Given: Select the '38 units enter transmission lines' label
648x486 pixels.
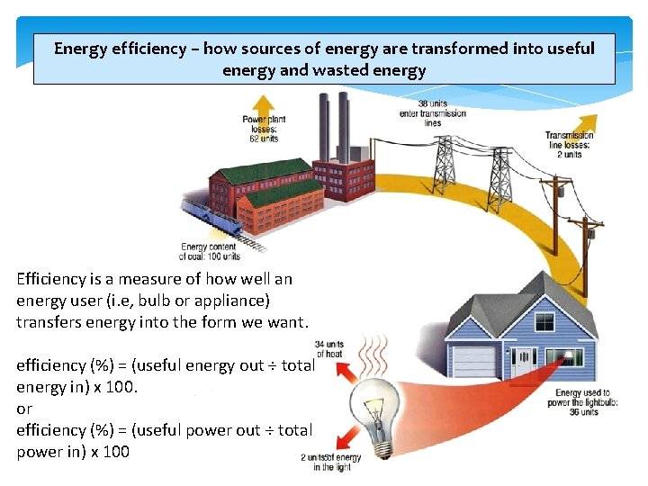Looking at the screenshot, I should (x=433, y=112).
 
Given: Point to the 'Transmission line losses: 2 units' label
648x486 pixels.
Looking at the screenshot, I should (x=570, y=145).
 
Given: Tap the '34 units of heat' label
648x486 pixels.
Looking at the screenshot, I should (x=329, y=348).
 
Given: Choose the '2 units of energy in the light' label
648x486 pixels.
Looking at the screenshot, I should (x=331, y=462).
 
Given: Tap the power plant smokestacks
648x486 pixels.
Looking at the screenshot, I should (x=333, y=126).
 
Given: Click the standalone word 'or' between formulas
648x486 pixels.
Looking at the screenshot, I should (x=24, y=409).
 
